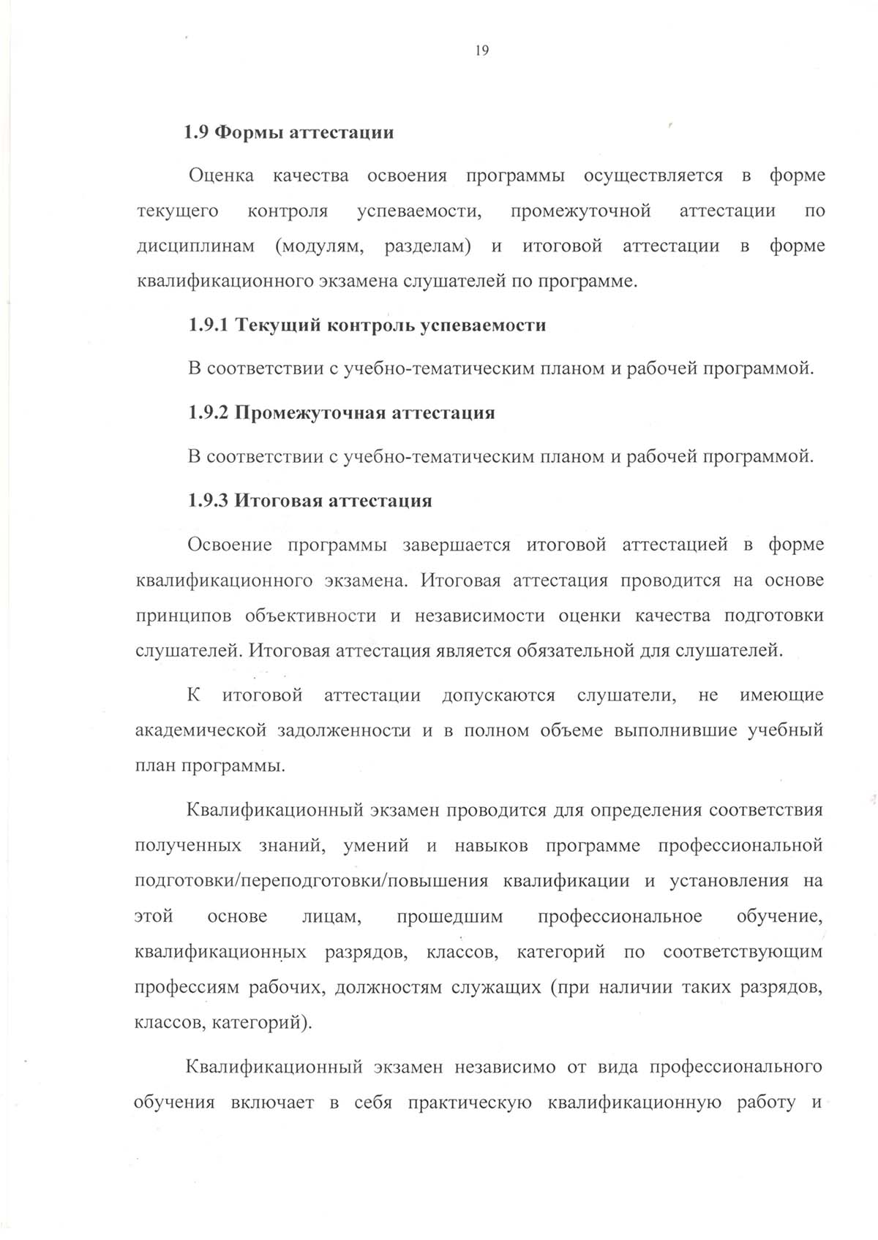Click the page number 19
coord(481,50)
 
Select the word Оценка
coord(222,175)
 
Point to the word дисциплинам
coord(195,246)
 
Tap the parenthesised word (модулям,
coord(319,246)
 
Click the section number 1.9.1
coord(209,325)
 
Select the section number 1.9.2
coord(209,413)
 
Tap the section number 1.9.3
coord(209,501)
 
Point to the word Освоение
coord(230,545)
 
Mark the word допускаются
coord(498,695)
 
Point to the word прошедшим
coord(449,917)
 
